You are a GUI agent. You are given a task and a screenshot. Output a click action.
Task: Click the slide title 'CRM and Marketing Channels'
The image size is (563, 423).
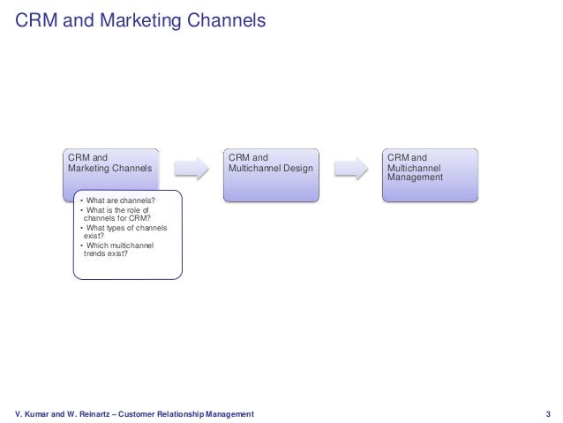[140, 19]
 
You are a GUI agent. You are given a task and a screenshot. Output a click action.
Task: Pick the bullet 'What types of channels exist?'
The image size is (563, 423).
[123, 232]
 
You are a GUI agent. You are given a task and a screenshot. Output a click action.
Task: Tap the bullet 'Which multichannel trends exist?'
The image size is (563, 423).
[117, 249]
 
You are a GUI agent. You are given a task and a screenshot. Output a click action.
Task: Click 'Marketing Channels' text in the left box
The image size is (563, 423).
[109, 168]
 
